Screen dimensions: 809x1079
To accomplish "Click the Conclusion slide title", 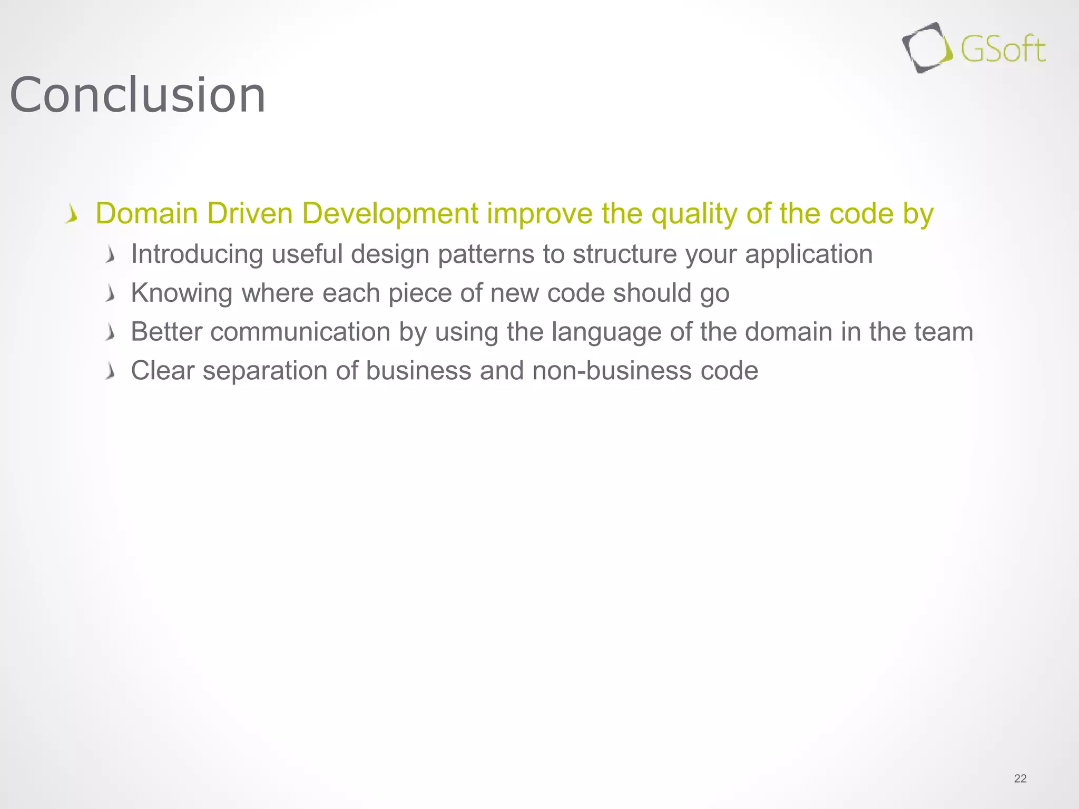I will coord(138,95).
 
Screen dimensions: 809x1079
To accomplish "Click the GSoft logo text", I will coord(1003,50).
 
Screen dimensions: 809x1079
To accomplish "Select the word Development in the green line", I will coord(390,214).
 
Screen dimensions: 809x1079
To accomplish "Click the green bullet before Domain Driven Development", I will coord(72,215).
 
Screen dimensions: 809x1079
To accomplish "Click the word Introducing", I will coord(197,254).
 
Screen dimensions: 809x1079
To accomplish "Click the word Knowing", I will coord(181,293).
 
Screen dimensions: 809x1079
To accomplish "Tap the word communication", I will coord(300,332).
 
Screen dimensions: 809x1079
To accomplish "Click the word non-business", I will coord(612,370).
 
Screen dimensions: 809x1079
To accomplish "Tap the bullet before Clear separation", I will coord(110,371).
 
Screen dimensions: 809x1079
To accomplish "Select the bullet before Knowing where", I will coord(110,294).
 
